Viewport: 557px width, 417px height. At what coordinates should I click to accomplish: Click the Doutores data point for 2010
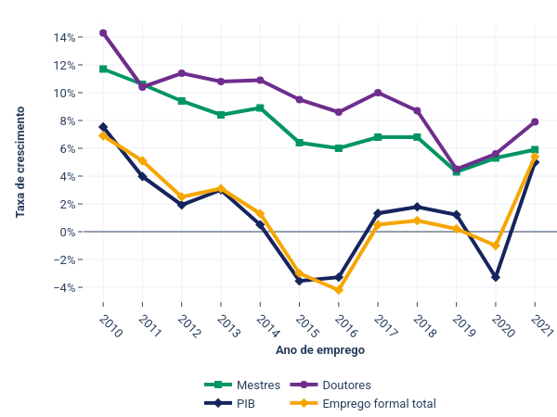coord(103,32)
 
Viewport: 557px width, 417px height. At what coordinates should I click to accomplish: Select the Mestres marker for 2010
coord(103,69)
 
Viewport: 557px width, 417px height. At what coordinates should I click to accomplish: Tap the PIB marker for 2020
coord(496,277)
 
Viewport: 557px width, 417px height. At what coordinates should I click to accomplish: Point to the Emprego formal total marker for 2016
coord(339,290)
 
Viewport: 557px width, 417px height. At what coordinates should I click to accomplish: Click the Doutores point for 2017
coord(378,93)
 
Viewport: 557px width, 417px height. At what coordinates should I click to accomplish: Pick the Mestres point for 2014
coord(260,107)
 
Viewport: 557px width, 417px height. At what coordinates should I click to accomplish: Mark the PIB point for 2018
coord(417,207)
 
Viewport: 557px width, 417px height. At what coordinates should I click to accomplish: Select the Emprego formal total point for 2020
coord(496,246)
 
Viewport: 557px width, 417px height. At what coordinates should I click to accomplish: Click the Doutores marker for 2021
coord(535,121)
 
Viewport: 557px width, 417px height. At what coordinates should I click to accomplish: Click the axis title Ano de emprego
coord(319,351)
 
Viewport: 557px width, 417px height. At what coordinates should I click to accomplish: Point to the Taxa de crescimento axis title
coord(20,162)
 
